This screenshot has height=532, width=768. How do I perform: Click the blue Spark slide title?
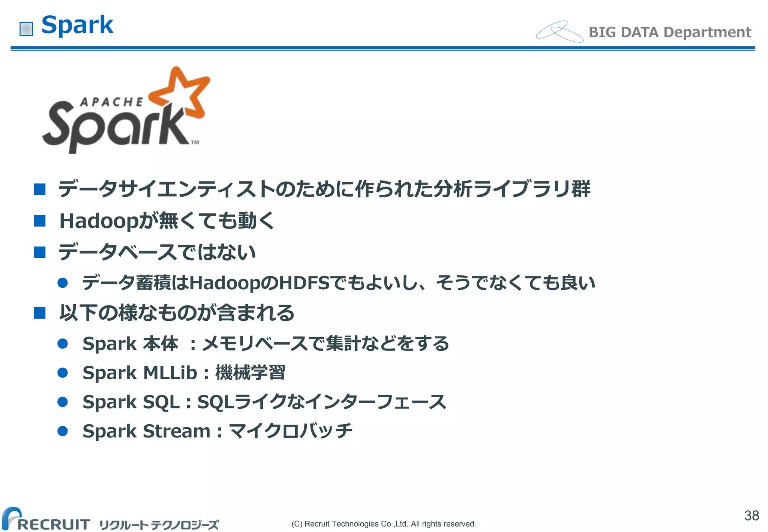77,25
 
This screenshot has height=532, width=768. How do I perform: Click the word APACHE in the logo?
111,102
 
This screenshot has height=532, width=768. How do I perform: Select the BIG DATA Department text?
669,32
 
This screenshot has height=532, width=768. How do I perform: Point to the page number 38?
751,515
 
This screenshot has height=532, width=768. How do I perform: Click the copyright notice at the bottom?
384,524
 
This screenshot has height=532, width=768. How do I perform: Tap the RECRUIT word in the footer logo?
54,524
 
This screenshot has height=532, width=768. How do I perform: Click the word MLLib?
170,373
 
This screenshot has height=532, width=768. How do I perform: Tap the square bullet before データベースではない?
40,252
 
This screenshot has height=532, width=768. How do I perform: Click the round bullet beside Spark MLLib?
63,373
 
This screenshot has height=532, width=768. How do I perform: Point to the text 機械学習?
250,373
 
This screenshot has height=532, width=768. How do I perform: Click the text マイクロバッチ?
291,431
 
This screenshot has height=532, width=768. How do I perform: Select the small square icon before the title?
26,29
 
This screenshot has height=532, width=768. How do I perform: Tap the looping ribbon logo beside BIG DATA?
559,32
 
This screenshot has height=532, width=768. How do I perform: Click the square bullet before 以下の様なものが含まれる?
40,313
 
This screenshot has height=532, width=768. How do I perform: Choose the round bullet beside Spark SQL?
63,402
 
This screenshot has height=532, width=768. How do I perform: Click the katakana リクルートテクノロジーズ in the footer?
159,524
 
